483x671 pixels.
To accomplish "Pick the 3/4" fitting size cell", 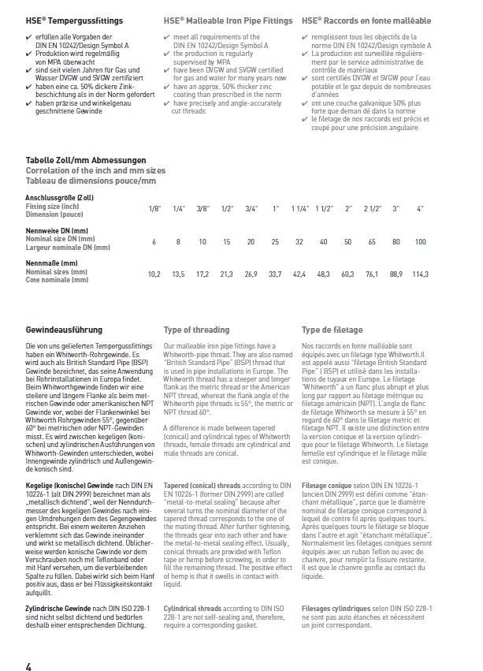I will tap(252, 208).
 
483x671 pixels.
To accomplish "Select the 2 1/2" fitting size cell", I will tap(371, 208).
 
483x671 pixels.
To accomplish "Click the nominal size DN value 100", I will tap(420, 241).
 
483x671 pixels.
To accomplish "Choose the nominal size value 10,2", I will tap(154, 274).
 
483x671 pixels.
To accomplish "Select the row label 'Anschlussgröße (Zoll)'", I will tap(60, 197).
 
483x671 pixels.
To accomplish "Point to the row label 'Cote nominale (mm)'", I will tap(57, 279).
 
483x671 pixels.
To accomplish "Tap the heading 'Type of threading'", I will tap(196, 330).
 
